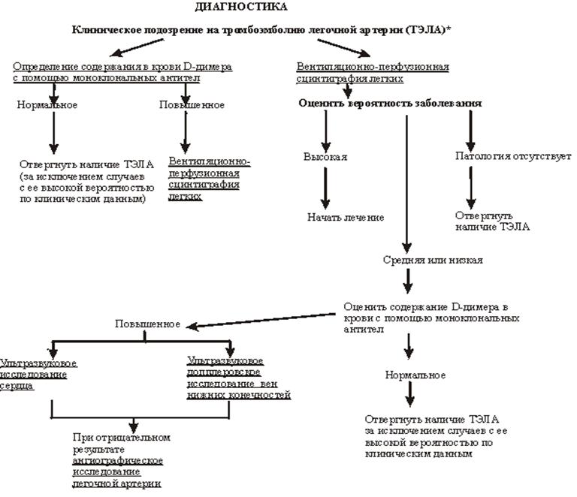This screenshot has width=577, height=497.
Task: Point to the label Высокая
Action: (x=325, y=157)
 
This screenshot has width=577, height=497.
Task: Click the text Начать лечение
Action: (x=345, y=217)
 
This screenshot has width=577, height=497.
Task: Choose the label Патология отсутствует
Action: (x=513, y=157)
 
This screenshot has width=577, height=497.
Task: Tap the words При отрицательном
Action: (x=122, y=437)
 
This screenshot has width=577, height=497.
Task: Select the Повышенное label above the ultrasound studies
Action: (x=147, y=324)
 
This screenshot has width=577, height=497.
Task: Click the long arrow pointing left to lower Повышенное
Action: (x=263, y=320)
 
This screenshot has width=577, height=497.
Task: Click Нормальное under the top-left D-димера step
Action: (x=47, y=104)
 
